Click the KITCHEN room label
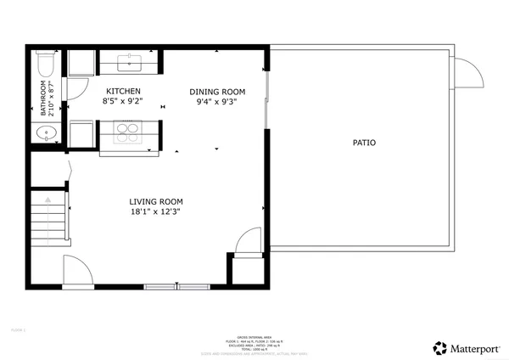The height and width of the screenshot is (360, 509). point(123,91)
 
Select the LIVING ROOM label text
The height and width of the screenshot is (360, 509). point(154,201)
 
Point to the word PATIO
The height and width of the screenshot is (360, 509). point(364,143)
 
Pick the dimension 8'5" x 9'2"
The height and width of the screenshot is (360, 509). point(123,101)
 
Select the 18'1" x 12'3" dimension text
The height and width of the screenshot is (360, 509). point(154,211)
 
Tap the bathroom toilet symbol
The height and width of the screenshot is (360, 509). point(46,65)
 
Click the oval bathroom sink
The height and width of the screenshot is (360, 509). point(45,132)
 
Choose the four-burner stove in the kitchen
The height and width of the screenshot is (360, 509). point(128,132)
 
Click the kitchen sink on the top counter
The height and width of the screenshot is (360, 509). point(131,62)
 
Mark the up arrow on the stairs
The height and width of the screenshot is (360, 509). point(48,199)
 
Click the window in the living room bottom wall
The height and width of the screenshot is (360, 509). point(175,286)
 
